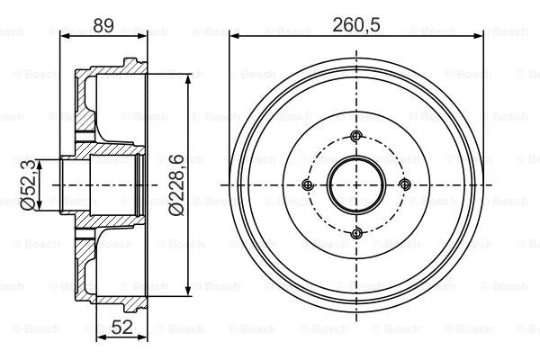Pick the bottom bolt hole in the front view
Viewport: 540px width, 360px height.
(356, 234)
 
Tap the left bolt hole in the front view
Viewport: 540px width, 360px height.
(308, 185)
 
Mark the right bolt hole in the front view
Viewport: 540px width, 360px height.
(405, 185)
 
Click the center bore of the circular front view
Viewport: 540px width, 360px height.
(356, 185)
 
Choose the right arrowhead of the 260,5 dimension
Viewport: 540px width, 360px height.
(483, 34)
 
